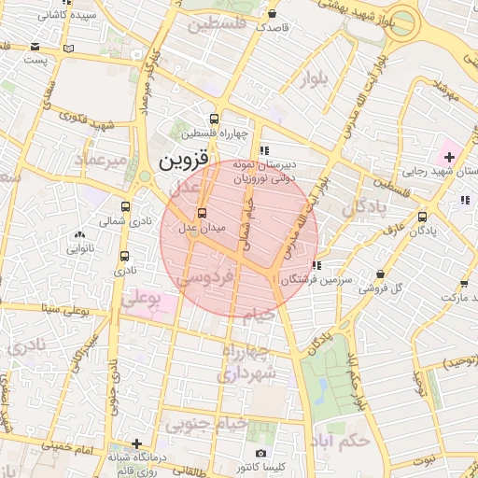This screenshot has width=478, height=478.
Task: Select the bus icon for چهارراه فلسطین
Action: (215, 119)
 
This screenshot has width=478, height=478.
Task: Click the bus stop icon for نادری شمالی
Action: (126, 207)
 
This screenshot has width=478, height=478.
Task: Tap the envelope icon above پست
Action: (35, 46)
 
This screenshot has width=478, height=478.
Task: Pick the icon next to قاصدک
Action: (271, 15)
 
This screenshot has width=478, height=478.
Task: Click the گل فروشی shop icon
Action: (379, 274)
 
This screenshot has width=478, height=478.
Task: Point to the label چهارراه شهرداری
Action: (248, 362)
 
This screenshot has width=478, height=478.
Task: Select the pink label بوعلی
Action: (142, 299)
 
